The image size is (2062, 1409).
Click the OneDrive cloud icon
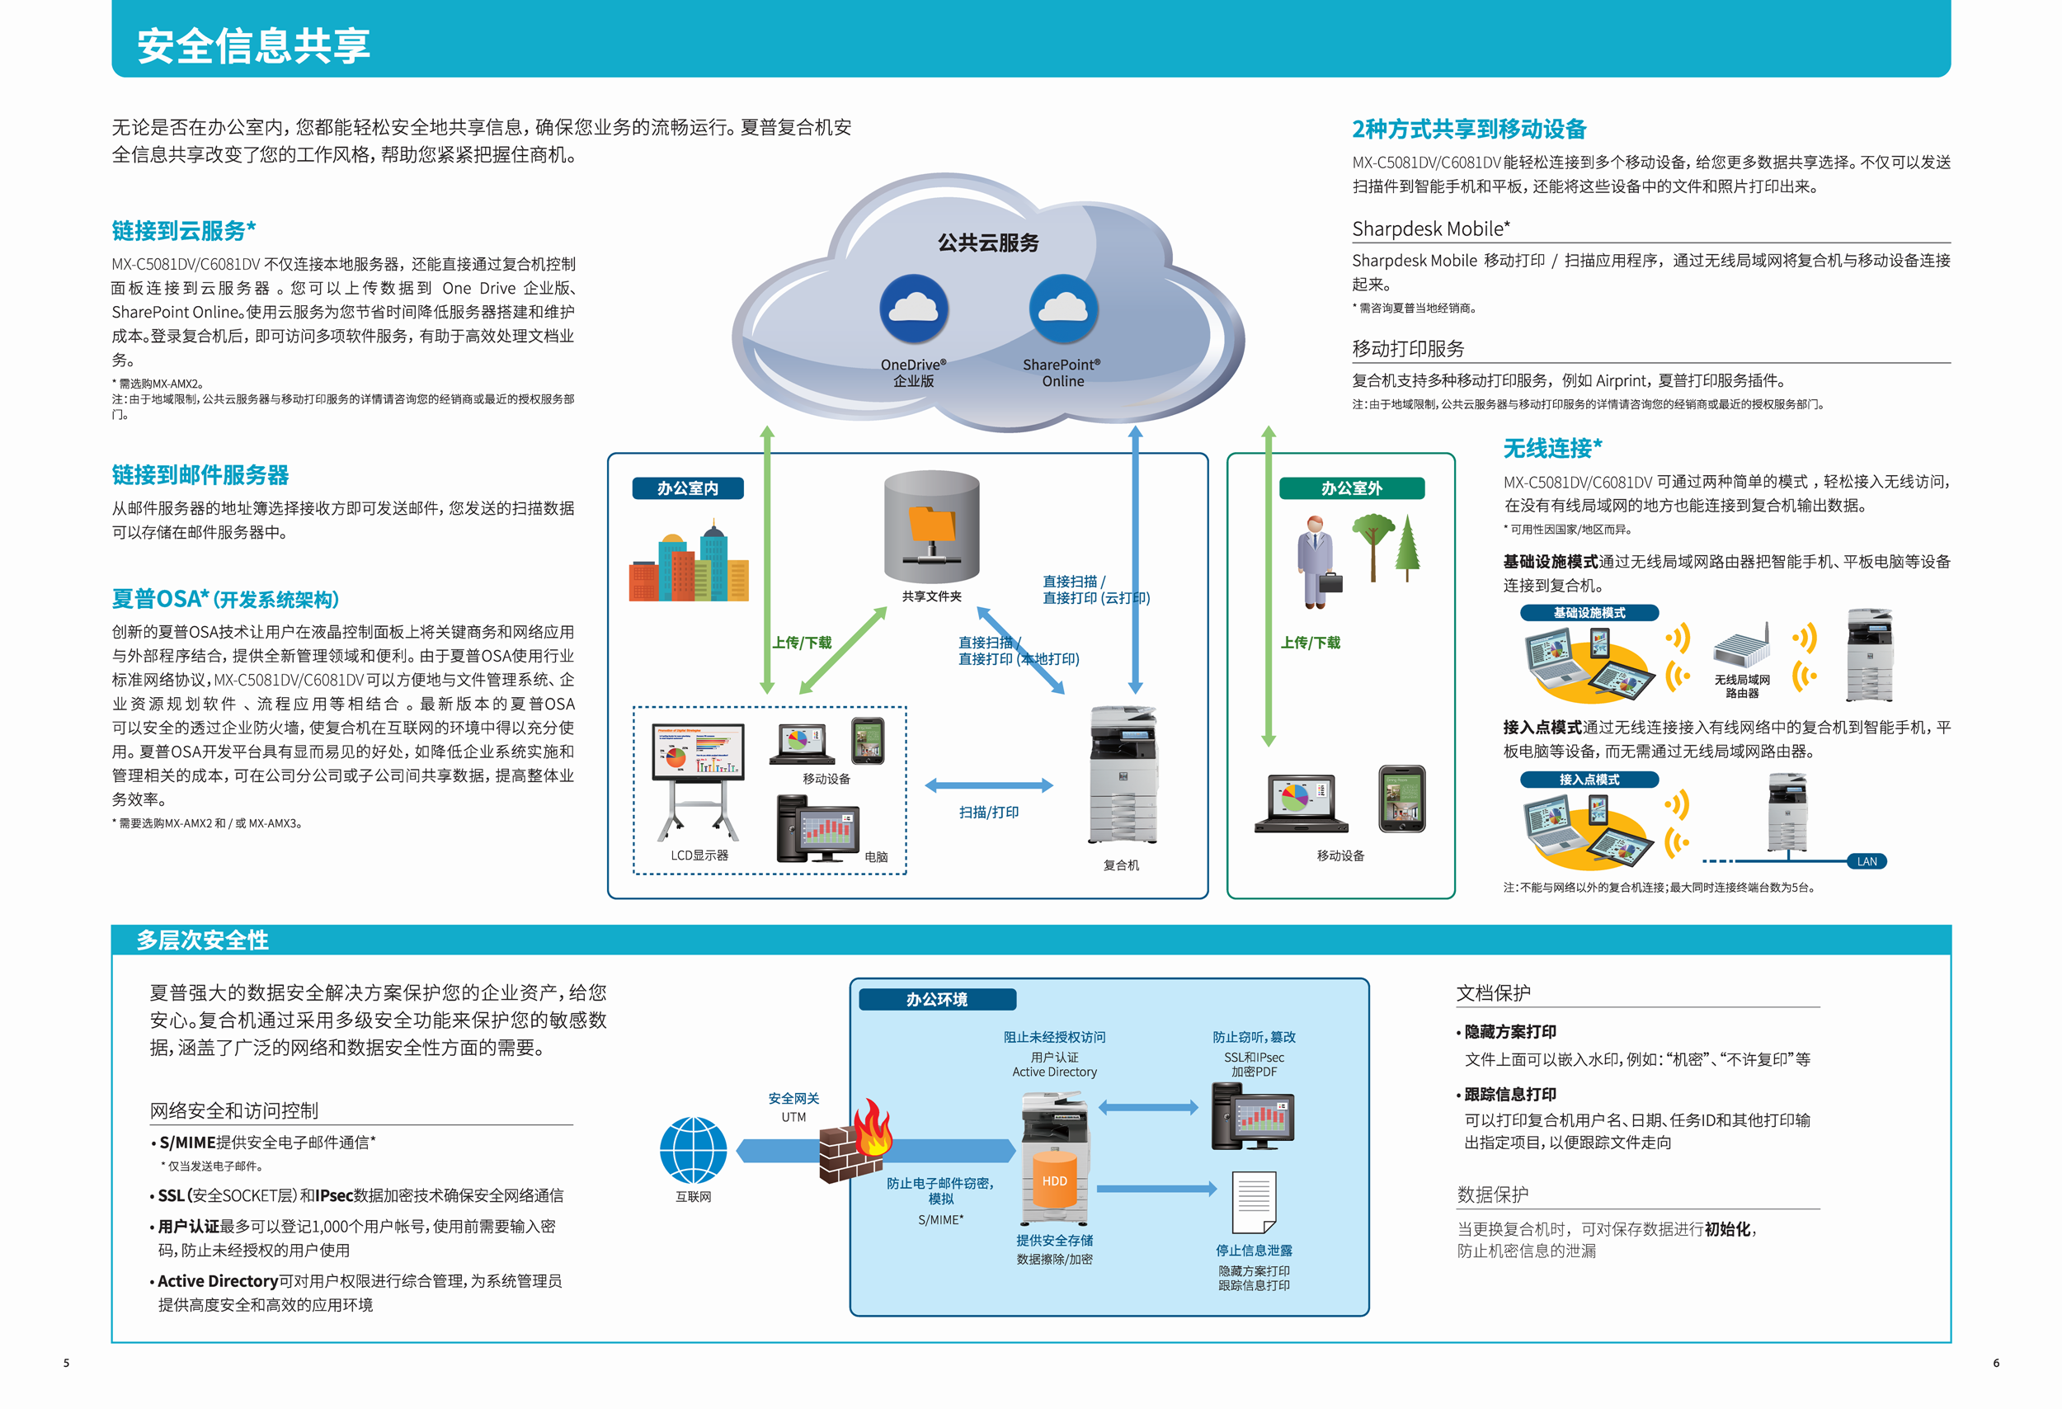tap(913, 309)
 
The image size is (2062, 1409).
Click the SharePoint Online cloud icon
tap(1063, 309)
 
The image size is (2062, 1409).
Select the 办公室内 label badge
tap(688, 488)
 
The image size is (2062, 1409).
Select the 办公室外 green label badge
tap(1350, 488)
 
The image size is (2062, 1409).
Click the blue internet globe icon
tap(693, 1150)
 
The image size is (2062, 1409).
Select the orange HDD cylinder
tap(1054, 1180)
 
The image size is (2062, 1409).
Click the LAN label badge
tap(1866, 860)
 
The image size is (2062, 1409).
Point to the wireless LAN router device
tap(1741, 646)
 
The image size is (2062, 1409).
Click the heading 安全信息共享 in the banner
tap(254, 45)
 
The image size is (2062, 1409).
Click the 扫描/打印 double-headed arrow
tap(988, 785)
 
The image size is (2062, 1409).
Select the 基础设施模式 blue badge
tap(1589, 612)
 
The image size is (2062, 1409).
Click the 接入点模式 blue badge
tap(1589, 779)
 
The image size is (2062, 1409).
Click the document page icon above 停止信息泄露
tap(1254, 1201)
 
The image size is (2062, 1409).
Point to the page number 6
tap(1995, 1363)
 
